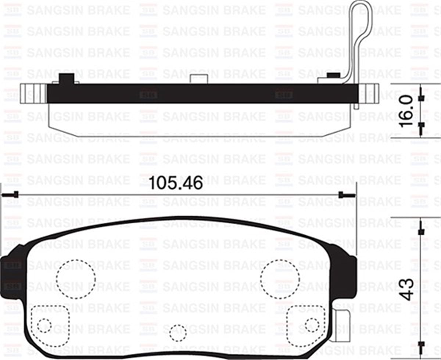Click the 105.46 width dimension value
point(176,183)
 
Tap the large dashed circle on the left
point(76,279)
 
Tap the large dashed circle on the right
point(280,279)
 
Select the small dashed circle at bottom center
point(178,333)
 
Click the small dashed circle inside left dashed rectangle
point(44,325)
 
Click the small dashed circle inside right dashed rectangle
point(312,324)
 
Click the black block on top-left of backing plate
point(67,79)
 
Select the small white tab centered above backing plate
point(199,78)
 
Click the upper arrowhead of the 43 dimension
point(422,230)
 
